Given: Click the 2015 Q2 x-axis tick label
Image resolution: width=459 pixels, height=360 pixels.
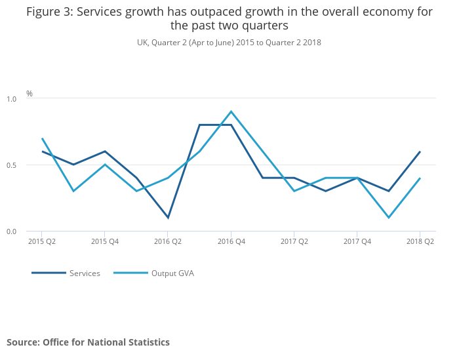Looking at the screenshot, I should (x=42, y=242).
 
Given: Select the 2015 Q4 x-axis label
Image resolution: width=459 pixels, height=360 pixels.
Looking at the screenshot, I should (x=105, y=242).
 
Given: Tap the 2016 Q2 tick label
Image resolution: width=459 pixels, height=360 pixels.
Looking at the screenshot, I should (x=168, y=242).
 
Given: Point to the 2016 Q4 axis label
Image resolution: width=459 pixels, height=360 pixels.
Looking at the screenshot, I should (x=231, y=242).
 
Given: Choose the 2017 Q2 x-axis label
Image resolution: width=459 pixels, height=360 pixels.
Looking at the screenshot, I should (x=294, y=242).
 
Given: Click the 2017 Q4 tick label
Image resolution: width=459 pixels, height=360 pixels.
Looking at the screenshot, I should (x=357, y=242).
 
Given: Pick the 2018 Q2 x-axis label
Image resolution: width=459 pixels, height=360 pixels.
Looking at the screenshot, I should (x=420, y=242).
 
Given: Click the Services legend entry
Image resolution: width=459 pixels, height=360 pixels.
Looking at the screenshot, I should (x=85, y=273).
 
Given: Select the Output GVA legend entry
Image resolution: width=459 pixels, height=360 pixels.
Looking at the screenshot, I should (x=172, y=273).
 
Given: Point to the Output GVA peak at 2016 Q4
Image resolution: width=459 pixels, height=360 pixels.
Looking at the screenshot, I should (x=231, y=111).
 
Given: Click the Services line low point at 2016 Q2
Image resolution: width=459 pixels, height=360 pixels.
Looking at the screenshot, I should (x=168, y=218).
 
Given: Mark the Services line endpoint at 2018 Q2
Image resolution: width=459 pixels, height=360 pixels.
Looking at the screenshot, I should (x=420, y=151).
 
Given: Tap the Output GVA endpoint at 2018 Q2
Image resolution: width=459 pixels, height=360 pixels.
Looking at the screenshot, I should (x=420, y=178).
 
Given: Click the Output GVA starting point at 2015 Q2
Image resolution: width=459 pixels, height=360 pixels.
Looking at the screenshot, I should (x=42, y=138).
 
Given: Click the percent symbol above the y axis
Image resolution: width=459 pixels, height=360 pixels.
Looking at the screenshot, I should (x=30, y=94).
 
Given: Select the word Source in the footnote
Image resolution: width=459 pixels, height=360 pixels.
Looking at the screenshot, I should (x=22, y=342).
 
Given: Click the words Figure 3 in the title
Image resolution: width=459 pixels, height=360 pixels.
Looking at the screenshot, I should (x=49, y=12).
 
